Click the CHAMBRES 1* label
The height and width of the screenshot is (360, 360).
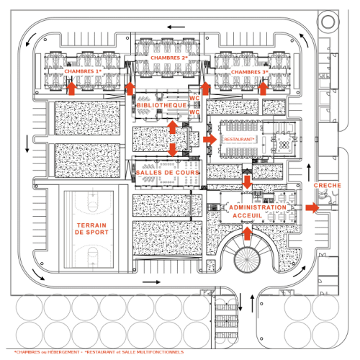tap(83, 71)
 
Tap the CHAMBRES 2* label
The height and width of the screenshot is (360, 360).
tap(169, 58)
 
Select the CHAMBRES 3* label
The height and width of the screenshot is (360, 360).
tap(250, 72)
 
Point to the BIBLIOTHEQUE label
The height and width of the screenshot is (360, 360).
tap(162, 105)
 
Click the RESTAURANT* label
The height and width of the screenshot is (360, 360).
tap(239, 139)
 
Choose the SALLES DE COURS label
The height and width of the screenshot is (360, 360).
tap(168, 173)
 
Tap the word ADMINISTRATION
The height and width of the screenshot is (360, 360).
tap(258, 207)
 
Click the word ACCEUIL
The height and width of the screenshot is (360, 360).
tap(248, 215)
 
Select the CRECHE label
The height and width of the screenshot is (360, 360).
tap(328, 185)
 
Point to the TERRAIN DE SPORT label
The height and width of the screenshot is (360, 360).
tap(91, 229)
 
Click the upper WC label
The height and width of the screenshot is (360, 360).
tap(194, 98)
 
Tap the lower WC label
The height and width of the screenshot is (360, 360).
tap(194, 112)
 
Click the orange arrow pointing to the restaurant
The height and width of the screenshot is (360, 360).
tap(210, 140)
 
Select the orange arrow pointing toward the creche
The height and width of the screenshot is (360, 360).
tap(312, 207)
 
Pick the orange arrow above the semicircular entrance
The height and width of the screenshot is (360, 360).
tap(248, 233)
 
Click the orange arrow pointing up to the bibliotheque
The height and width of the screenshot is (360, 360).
tap(173, 127)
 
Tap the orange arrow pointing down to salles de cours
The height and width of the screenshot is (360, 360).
tap(173, 150)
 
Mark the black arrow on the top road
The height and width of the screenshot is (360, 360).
tap(176, 27)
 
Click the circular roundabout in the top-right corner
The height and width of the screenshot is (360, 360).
tap(328, 22)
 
